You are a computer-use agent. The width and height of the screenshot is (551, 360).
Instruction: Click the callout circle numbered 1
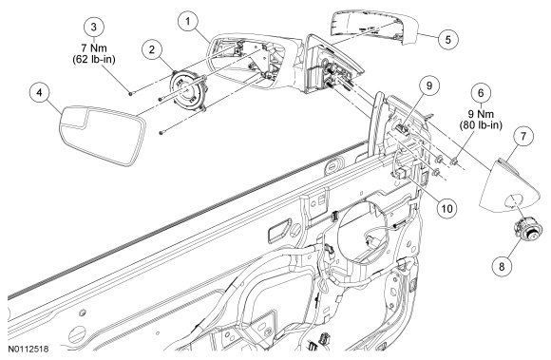(x=188, y=22)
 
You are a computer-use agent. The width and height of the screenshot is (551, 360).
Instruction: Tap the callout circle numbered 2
(x=152, y=50)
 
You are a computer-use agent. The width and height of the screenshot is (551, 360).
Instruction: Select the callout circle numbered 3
(x=94, y=28)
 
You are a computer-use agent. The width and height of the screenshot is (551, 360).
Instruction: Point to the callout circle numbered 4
(x=39, y=93)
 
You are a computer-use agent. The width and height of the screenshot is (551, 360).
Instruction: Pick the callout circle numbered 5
(x=448, y=39)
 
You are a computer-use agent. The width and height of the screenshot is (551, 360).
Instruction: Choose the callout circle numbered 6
(x=481, y=93)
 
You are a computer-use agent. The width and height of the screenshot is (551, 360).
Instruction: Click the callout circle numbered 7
(x=523, y=136)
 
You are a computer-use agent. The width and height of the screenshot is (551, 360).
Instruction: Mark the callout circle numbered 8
(x=502, y=266)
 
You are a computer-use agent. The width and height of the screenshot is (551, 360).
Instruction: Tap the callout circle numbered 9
(x=429, y=85)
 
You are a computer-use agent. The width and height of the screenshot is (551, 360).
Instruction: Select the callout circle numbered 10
(x=447, y=209)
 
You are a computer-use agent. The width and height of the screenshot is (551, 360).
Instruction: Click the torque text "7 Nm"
(x=94, y=47)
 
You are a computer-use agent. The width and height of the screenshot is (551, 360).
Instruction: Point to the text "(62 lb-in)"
(x=94, y=60)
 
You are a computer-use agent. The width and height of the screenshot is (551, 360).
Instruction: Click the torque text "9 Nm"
(x=481, y=114)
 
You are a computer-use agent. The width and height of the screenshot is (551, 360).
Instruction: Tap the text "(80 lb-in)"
(x=481, y=125)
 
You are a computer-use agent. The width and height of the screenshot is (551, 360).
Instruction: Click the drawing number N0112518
(x=28, y=350)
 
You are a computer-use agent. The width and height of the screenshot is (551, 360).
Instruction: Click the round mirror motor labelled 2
(x=187, y=90)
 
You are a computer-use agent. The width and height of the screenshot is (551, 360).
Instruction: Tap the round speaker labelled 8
(x=527, y=230)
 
